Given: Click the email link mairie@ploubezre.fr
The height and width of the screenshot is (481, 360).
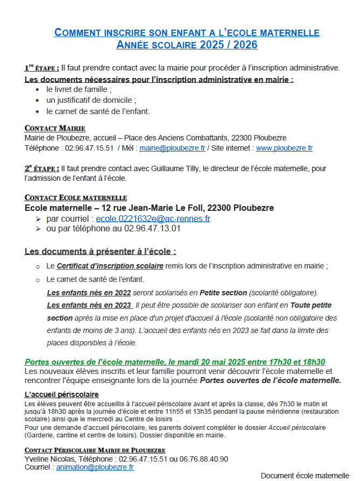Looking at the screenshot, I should tap(173, 148).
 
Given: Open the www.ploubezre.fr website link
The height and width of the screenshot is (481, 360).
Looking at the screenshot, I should tap(284, 148).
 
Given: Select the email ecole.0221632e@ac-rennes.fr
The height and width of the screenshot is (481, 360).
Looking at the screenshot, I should tap(153, 218).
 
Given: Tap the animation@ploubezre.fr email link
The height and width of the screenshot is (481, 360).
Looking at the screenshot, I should tap(95, 468).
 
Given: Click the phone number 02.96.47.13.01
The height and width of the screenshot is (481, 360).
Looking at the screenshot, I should tap(152, 228).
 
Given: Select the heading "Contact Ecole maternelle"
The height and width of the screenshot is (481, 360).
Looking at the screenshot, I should tap(76, 198).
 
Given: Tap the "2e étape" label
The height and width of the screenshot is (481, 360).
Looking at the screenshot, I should tap(41, 168).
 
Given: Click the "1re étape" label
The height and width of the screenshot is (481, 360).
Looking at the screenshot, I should tap(41, 68).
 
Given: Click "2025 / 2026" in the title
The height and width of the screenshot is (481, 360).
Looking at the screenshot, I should tap(225, 45).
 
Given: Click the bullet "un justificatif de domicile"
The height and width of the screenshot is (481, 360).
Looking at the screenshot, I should tap(91, 100).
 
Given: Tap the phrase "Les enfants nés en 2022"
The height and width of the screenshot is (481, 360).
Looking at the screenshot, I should tap(89, 293).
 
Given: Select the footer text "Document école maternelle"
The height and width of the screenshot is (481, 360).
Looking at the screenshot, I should tap(305, 475).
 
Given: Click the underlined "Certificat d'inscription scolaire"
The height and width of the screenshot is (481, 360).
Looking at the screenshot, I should tap(110, 266).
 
